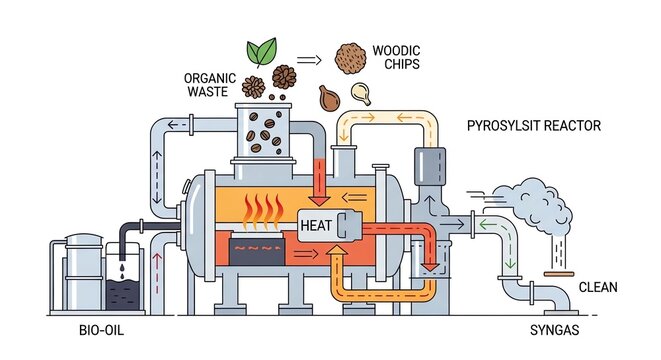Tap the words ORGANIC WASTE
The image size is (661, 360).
209,84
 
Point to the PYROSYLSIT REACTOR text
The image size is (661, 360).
534,125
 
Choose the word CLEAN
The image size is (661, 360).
598,288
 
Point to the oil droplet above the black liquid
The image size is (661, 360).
121,268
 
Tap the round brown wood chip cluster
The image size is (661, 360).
349,55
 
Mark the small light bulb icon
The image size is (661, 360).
361,94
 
